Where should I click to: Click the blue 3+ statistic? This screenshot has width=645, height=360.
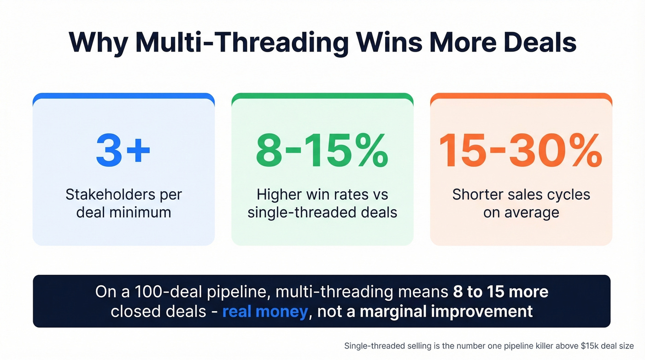[x=123, y=150]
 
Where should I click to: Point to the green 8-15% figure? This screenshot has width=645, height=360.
[x=322, y=150]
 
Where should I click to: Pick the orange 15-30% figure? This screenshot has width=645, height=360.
[x=521, y=150]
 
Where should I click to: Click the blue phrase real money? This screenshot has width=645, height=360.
[x=265, y=312]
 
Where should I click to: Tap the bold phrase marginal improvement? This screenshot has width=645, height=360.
[x=446, y=312]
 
